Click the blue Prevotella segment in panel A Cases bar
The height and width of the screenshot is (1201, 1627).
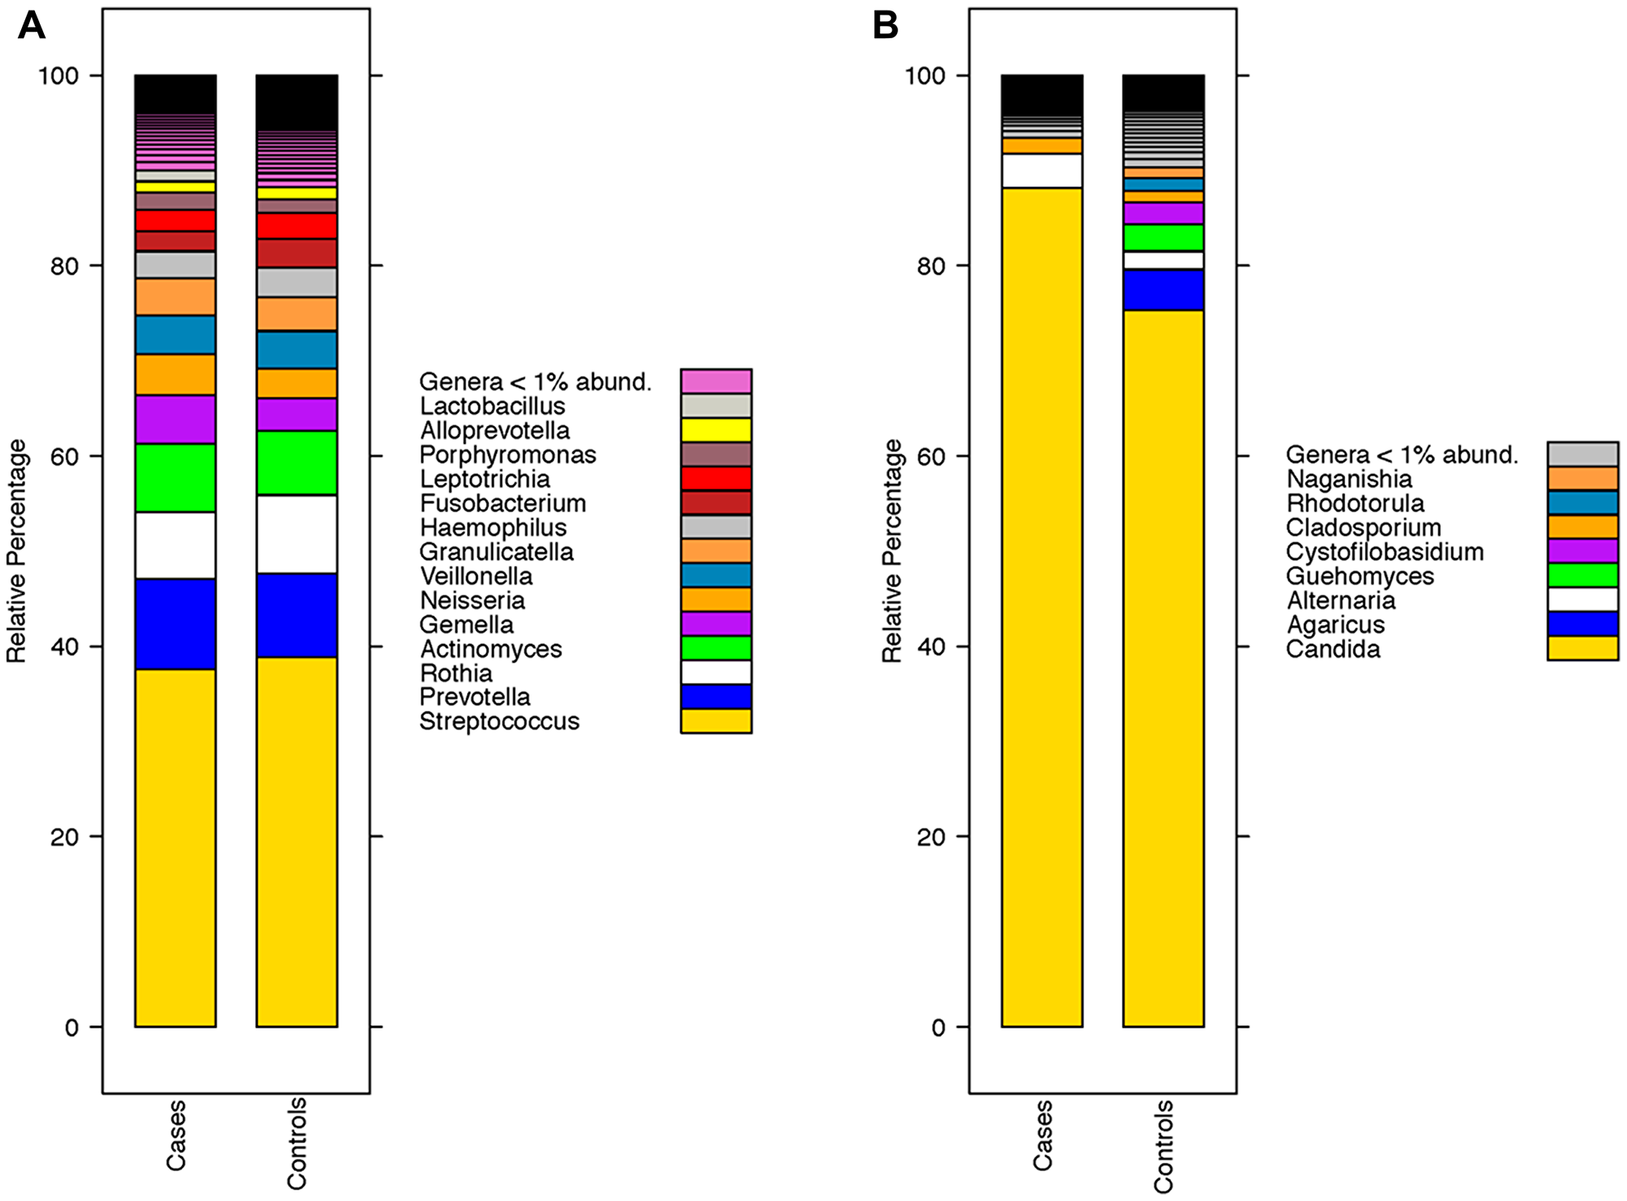(x=175, y=624)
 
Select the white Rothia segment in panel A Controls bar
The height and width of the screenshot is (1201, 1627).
(x=296, y=534)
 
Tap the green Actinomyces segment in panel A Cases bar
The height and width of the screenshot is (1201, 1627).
(x=175, y=478)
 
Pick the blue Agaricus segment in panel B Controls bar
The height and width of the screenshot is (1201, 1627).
(x=1162, y=290)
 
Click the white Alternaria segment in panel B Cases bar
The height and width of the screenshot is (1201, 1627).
(x=1041, y=171)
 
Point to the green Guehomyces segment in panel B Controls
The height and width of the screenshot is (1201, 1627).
(x=1162, y=237)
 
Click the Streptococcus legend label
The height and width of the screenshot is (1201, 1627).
(x=499, y=721)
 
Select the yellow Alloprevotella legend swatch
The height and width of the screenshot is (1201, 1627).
(x=716, y=430)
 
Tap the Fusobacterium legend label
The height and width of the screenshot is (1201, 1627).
(x=502, y=503)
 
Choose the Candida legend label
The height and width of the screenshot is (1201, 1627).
(x=1333, y=649)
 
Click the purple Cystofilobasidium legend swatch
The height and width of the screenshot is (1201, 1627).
(x=1582, y=551)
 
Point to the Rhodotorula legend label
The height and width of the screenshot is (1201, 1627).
(x=1354, y=503)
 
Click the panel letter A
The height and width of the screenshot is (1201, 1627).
(x=31, y=26)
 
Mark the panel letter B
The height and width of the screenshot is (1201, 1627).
(x=885, y=26)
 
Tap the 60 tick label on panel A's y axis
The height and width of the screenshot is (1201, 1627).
(x=64, y=456)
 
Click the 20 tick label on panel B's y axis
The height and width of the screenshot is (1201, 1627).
(x=931, y=837)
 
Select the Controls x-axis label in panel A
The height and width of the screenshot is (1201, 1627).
(x=297, y=1142)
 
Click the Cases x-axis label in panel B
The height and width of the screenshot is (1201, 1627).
(x=1042, y=1135)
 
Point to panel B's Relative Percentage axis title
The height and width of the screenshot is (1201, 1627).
(x=892, y=551)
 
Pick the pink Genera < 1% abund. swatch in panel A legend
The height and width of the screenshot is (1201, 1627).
(x=716, y=381)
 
